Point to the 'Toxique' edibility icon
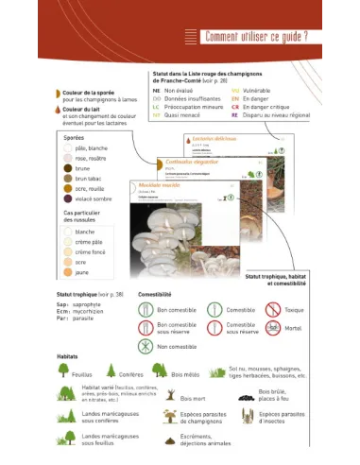272,309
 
